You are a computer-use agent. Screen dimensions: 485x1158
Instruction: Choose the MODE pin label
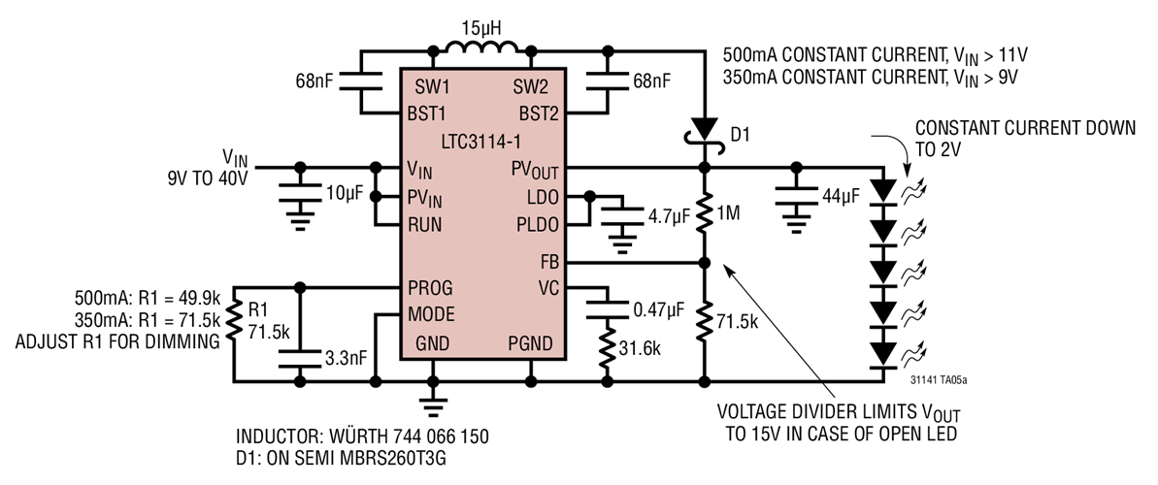pyautogui.click(x=434, y=314)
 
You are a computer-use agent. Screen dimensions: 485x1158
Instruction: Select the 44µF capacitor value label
pyautogui.click(x=841, y=195)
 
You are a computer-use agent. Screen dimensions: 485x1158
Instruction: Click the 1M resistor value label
pyautogui.click(x=731, y=211)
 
